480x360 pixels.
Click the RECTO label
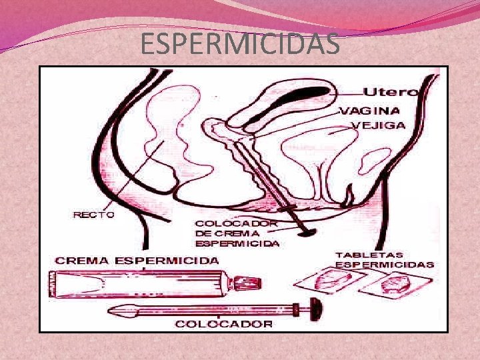coord(93,215)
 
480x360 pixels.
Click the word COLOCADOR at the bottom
coord(223,324)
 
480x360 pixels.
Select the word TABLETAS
coord(369,255)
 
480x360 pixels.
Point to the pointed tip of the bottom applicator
coord(113,309)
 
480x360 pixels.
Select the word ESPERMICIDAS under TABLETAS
coord(384,265)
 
